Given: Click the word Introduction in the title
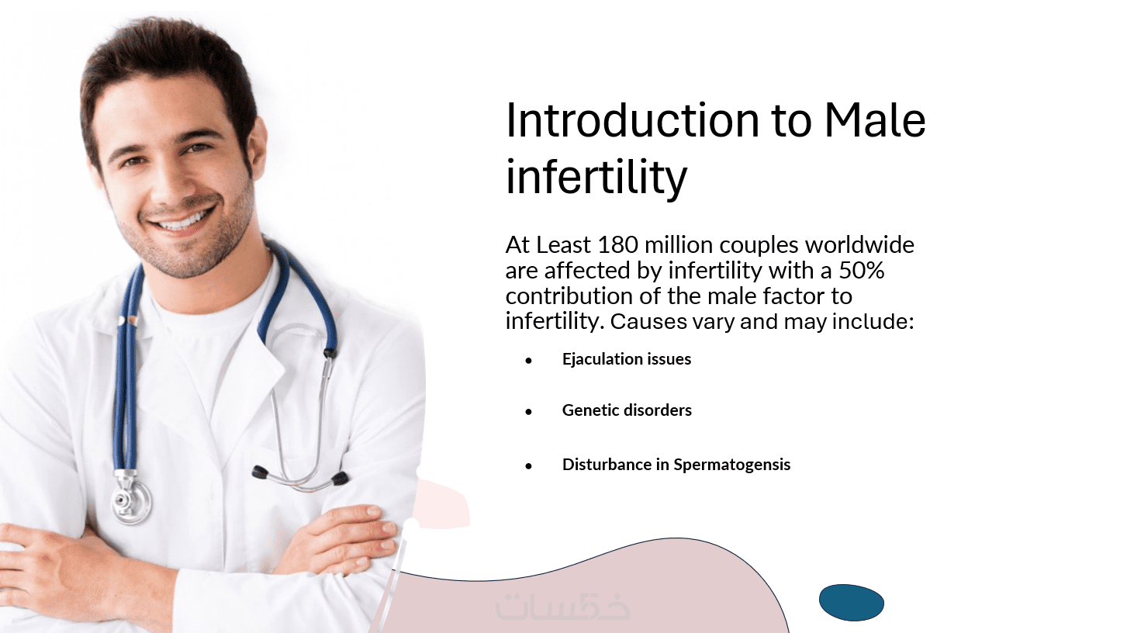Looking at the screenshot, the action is pos(632,120).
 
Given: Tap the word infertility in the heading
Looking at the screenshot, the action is pos(596,177).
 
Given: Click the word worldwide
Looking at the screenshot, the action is pos(859,245).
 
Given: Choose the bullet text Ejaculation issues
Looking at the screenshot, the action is pos(627,358).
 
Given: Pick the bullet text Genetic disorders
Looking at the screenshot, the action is pos(627,410).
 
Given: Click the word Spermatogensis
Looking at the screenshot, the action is pos(732,465).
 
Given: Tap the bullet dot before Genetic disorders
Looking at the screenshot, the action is pos(528,412).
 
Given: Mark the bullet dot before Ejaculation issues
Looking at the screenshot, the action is pos(528,360).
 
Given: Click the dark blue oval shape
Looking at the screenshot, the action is pos(852,602).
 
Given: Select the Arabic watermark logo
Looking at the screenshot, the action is pos(562,607).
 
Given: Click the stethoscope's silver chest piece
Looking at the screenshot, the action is pos(131,500).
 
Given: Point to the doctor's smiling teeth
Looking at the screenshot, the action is pos(182,220).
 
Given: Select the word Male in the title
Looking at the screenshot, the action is pos(875,120).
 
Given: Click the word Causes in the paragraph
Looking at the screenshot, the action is pos(648,321).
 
